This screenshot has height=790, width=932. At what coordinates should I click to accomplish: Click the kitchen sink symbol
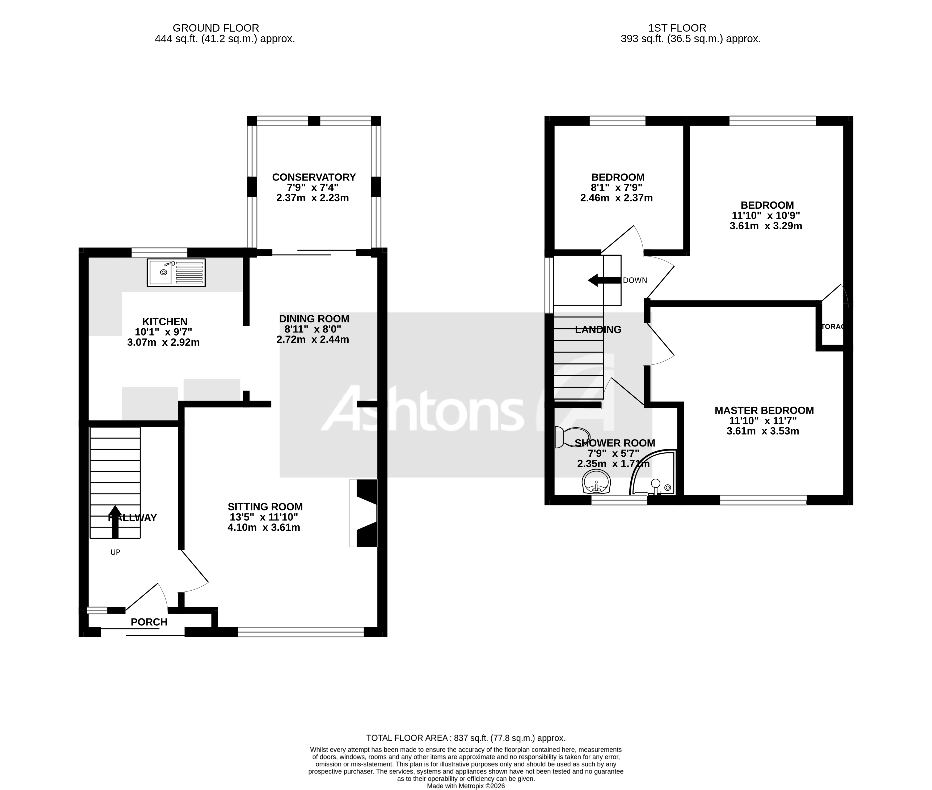(x=176, y=272)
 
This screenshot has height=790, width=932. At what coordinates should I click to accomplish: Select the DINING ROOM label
(x=314, y=319)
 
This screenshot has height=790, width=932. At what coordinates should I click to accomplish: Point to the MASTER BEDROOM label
(x=764, y=410)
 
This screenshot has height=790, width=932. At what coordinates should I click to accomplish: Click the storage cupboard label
(x=833, y=327)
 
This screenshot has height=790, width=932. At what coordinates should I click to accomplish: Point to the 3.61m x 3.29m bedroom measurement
(x=766, y=226)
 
